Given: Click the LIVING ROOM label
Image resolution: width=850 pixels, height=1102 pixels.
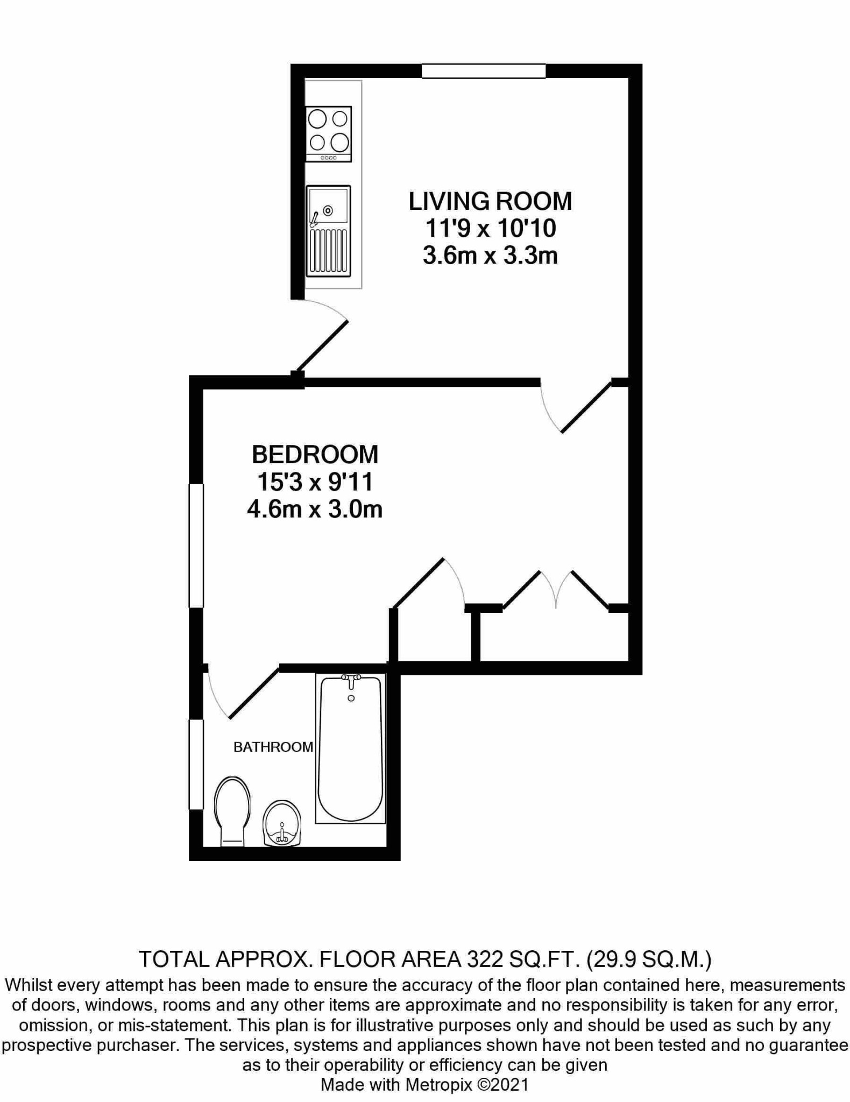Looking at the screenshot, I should click(x=490, y=201).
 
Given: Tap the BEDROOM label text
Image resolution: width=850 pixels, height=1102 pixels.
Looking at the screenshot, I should click(x=315, y=455).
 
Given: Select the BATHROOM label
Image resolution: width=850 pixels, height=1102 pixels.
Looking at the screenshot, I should click(x=273, y=747).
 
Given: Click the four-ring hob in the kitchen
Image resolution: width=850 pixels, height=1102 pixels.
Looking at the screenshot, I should click(x=328, y=133).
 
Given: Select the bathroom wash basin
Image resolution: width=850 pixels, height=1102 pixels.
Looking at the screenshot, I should click(x=281, y=823).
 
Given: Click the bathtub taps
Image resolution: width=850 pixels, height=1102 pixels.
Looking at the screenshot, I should click(x=351, y=680).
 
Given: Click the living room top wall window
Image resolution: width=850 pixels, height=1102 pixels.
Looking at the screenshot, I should click(x=483, y=71).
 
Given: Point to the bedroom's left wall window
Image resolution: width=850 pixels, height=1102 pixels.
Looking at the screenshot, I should click(x=196, y=546).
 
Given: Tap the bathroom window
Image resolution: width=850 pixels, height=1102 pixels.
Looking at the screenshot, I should click(x=196, y=764).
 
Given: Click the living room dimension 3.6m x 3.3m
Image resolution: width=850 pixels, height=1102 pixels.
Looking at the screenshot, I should click(x=490, y=256).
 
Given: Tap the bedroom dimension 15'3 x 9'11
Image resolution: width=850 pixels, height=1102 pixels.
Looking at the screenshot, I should click(x=315, y=482).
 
